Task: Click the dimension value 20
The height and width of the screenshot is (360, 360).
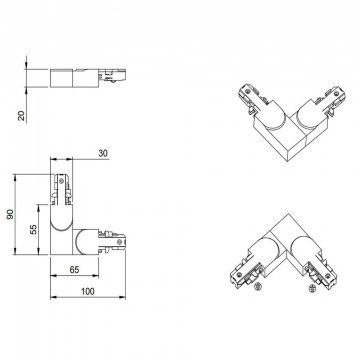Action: point(22,116)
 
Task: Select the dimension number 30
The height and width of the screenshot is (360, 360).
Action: point(103,153)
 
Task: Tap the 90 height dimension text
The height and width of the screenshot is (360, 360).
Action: point(11,214)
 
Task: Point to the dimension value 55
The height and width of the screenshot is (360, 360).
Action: point(34,229)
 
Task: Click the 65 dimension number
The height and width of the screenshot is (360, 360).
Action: point(75,270)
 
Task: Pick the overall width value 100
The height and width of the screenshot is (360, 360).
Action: point(88,291)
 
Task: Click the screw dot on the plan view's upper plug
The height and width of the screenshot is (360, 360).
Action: point(61,180)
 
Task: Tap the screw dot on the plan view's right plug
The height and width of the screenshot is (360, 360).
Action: point(117,241)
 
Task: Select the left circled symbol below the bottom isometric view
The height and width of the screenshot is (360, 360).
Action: point(257,286)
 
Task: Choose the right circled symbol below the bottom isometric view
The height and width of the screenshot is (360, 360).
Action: point(312,289)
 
